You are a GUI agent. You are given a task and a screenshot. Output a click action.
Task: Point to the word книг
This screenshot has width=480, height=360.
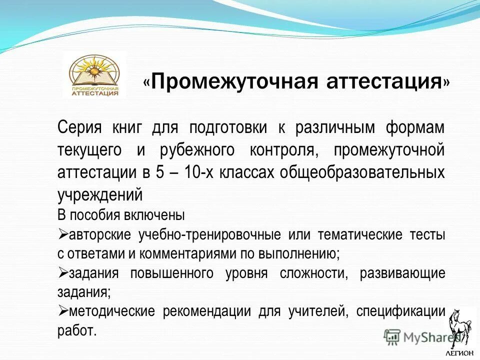[123, 127]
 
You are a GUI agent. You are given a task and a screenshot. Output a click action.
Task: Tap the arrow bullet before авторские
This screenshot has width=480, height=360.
[63, 234]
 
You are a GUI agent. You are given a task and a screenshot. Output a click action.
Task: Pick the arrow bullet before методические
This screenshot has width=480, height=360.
[63, 311]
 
